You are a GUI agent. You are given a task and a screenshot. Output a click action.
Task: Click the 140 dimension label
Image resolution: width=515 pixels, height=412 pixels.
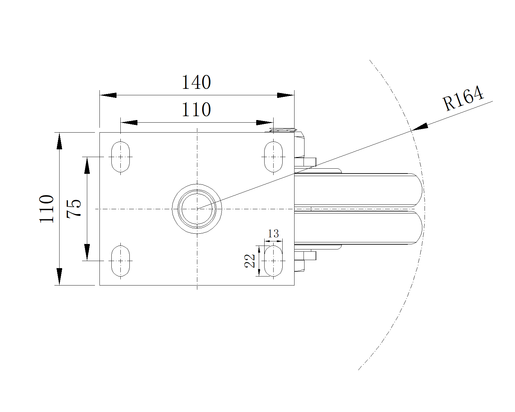point(196,82)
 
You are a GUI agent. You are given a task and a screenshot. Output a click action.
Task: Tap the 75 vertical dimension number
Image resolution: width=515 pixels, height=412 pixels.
point(74,209)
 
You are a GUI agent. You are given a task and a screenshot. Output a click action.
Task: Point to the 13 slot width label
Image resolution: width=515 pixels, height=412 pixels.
point(273,233)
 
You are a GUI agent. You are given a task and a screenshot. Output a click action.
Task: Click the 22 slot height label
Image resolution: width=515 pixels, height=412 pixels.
point(250,261)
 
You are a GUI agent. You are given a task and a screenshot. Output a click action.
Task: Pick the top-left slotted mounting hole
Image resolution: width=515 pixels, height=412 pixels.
point(120,157)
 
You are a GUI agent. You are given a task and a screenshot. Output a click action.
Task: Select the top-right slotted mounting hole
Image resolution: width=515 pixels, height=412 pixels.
point(273,157)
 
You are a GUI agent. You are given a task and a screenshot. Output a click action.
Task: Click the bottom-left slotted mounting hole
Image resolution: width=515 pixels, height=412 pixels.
point(120,261)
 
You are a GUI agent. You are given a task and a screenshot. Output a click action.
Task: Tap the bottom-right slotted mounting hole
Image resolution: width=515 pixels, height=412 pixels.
point(273,261)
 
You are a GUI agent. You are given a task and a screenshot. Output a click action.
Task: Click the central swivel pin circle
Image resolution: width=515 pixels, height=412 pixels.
point(197,209)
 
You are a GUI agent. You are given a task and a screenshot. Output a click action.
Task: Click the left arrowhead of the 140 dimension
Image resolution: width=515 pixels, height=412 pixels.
point(108,95)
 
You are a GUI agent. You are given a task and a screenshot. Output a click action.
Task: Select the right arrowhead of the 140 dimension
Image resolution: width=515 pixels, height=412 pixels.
point(286,95)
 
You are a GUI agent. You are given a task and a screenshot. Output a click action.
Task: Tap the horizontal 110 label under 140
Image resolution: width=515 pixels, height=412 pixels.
point(196,110)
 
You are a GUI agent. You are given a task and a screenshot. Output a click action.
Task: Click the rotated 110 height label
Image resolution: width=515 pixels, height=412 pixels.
point(47,209)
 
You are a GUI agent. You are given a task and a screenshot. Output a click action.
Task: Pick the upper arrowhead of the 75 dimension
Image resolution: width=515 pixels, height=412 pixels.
point(87,165)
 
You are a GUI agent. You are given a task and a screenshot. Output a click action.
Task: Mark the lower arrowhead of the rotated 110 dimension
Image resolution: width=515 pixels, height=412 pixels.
point(59,276)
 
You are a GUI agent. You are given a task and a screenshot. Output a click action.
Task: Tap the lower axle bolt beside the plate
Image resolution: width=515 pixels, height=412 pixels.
point(305,256)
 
